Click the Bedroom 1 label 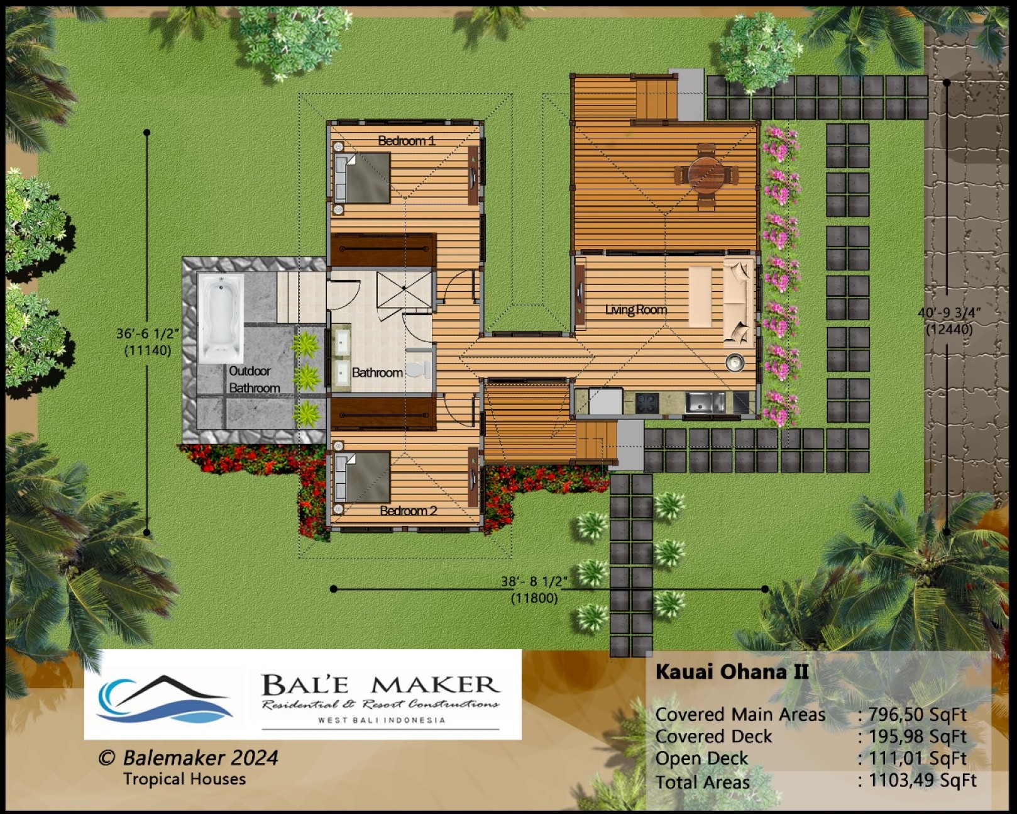click(x=407, y=140)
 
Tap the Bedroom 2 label click(x=409, y=511)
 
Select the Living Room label click(x=636, y=309)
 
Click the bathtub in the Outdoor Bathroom click(x=221, y=318)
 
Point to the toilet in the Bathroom click(x=419, y=369)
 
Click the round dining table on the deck click(x=706, y=174)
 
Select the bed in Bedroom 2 click(x=363, y=477)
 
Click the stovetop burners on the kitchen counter click(x=647, y=403)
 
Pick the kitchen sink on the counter click(x=705, y=403)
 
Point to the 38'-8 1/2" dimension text click(x=534, y=581)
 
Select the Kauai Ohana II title click(x=732, y=672)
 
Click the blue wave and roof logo click(x=163, y=699)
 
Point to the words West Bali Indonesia click(x=382, y=720)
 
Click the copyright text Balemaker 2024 click(x=189, y=758)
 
